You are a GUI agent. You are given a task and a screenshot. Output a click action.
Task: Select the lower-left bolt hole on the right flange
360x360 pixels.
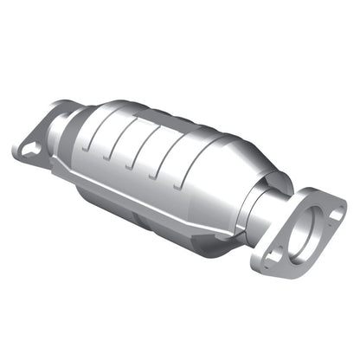[x=275, y=257]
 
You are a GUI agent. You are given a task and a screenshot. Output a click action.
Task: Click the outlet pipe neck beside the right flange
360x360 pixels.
[x=267, y=208]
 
